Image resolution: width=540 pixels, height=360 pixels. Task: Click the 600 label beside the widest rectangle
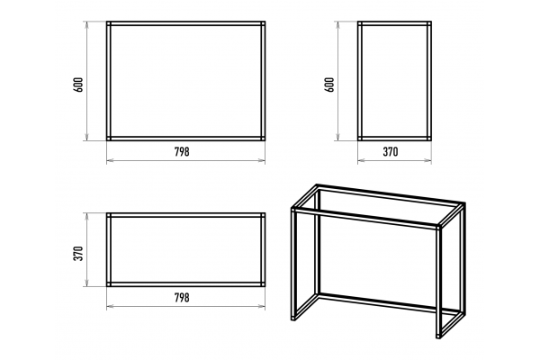coord(78,85)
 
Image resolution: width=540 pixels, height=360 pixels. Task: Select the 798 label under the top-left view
coord(182,151)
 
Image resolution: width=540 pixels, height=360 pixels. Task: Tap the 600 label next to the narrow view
coord(329,85)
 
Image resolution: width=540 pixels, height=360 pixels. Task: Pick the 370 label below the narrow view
coord(391,151)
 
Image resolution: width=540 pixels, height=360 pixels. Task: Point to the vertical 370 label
coord(78,253)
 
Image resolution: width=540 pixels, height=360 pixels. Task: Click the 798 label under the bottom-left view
coord(182,297)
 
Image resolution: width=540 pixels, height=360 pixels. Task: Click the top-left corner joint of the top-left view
coord(109,23)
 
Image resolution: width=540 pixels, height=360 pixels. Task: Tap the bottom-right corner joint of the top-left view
coord(263,139)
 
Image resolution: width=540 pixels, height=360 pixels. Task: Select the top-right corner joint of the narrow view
coord(429,23)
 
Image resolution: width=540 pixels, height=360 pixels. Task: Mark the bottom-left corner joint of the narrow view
coord(360,139)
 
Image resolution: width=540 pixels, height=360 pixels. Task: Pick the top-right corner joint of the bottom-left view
coord(263,215)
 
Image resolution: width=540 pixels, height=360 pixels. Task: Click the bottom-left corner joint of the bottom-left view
coord(109,284)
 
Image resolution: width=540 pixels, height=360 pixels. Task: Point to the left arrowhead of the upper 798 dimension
coord(110,160)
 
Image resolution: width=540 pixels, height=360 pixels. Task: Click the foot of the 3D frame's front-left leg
coord(293,318)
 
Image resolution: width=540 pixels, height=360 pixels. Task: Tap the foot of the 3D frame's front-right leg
coord(438,336)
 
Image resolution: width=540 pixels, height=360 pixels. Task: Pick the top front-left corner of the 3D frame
coord(293,209)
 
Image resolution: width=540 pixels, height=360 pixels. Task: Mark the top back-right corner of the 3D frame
coord(463,205)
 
